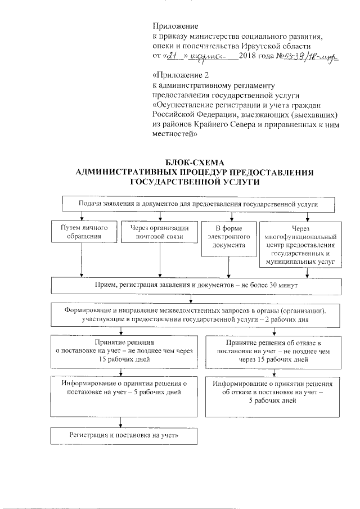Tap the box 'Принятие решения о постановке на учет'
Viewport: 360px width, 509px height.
(122, 350)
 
